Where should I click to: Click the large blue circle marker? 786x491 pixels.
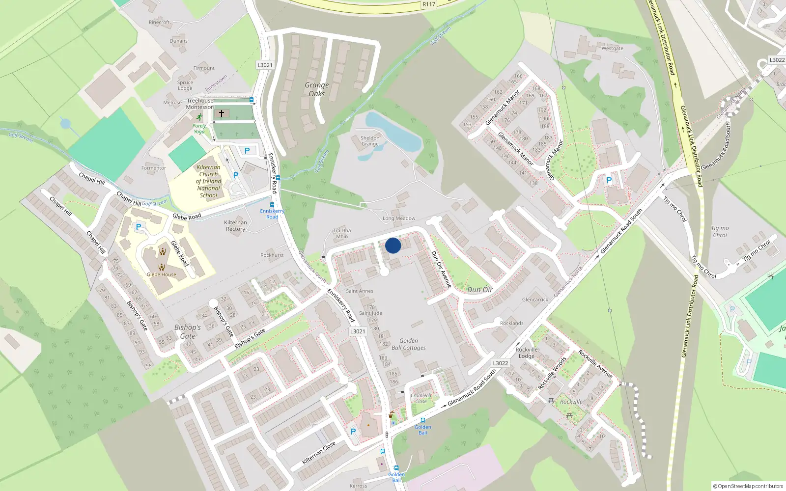pyautogui.click(x=393, y=245)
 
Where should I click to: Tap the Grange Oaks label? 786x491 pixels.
pyautogui.click(x=316, y=89)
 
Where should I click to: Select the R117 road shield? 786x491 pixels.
pyautogui.click(x=429, y=4)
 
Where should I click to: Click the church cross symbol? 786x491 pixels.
pyautogui.click(x=221, y=113)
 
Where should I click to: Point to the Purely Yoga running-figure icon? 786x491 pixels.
pyautogui.click(x=199, y=117)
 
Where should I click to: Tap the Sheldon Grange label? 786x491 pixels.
pyautogui.click(x=370, y=141)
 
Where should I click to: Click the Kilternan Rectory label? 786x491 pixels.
pyautogui.click(x=235, y=226)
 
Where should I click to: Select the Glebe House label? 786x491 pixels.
pyautogui.click(x=161, y=274)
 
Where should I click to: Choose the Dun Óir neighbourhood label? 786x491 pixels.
pyautogui.click(x=480, y=290)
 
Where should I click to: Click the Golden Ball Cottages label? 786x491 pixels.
pyautogui.click(x=409, y=344)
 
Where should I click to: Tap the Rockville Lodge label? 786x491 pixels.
pyautogui.click(x=527, y=353)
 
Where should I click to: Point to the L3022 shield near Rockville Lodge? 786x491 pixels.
pyautogui.click(x=500, y=363)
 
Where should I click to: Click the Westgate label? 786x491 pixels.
pyautogui.click(x=612, y=48)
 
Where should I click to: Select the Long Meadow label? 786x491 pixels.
pyautogui.click(x=399, y=218)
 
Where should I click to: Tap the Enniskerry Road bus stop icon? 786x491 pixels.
pyautogui.click(x=272, y=205)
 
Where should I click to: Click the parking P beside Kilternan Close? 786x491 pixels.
pyautogui.click(x=353, y=432)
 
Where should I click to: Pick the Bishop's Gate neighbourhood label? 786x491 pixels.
pyautogui.click(x=187, y=332)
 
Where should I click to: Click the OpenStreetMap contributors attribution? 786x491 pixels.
pyautogui.click(x=748, y=486)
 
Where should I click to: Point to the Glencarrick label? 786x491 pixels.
pyautogui.click(x=535, y=300)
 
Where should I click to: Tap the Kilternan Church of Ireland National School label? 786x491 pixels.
pyautogui.click(x=209, y=181)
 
